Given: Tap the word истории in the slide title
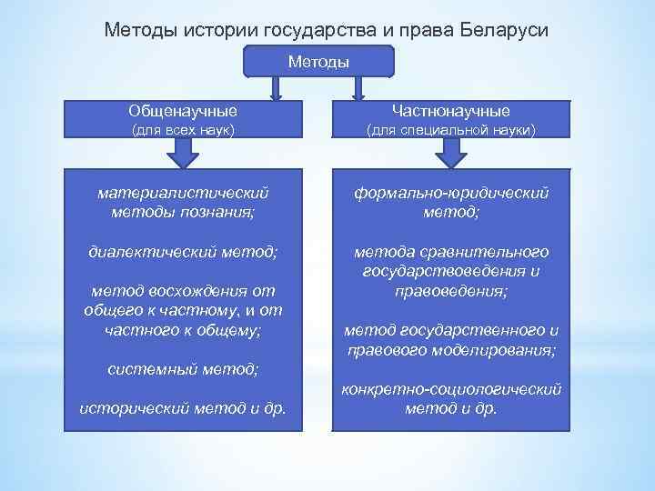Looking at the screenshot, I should point(217,30).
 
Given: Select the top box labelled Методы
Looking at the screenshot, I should point(318,61).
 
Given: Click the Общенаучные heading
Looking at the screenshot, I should point(184,111).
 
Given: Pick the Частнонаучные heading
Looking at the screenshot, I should point(450,111).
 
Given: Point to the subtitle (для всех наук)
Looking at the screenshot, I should point(184,131).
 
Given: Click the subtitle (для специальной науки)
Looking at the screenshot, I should point(450,131).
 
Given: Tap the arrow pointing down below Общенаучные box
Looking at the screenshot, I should point(184,156).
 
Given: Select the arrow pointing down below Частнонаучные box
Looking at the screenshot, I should point(450,156).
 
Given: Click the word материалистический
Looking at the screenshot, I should point(184,193).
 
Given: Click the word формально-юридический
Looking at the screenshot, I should point(450,193).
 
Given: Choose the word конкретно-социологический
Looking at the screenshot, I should point(450,388).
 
